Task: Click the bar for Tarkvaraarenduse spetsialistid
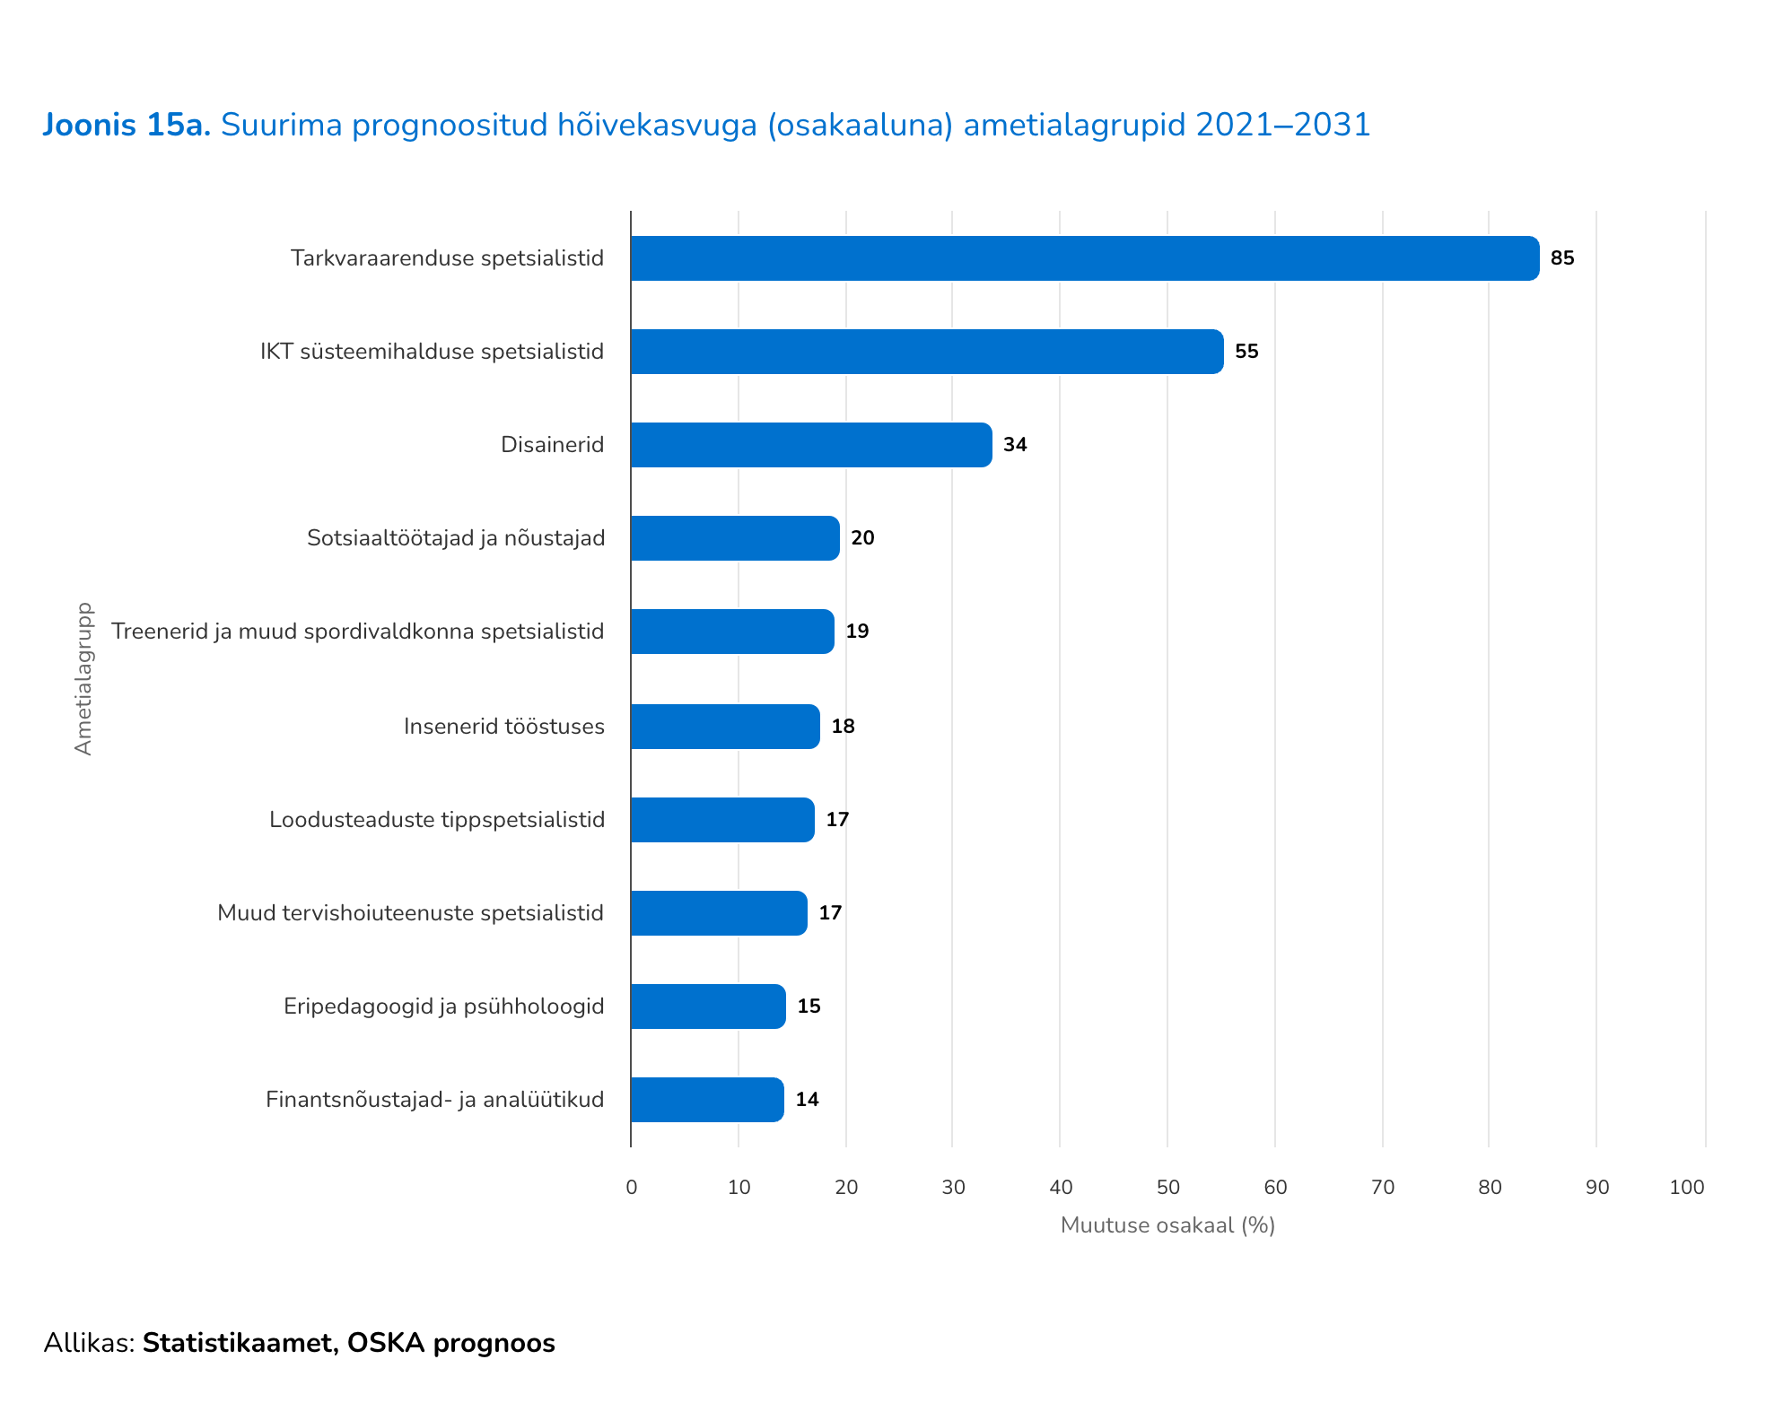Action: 1084,258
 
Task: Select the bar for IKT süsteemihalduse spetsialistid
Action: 926,352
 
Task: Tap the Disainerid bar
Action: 811,445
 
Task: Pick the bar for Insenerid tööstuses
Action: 725,727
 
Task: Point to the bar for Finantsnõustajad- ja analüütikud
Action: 707,1100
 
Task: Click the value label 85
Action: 1562,258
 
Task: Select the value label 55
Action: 1246,352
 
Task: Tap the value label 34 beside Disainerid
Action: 1015,445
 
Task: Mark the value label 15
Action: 809,1006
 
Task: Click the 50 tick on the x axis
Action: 1167,1188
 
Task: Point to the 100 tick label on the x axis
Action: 1687,1188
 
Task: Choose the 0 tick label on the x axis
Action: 632,1188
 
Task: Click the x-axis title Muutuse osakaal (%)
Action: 1167,1225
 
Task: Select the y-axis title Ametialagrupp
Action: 83,678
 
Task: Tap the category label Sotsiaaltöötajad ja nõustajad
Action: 456,538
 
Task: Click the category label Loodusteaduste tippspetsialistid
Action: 437,820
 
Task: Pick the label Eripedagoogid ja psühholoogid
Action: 444,1006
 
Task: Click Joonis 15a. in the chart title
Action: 127,126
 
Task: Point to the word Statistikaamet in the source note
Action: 240,1343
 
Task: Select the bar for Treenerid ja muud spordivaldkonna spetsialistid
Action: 732,632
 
